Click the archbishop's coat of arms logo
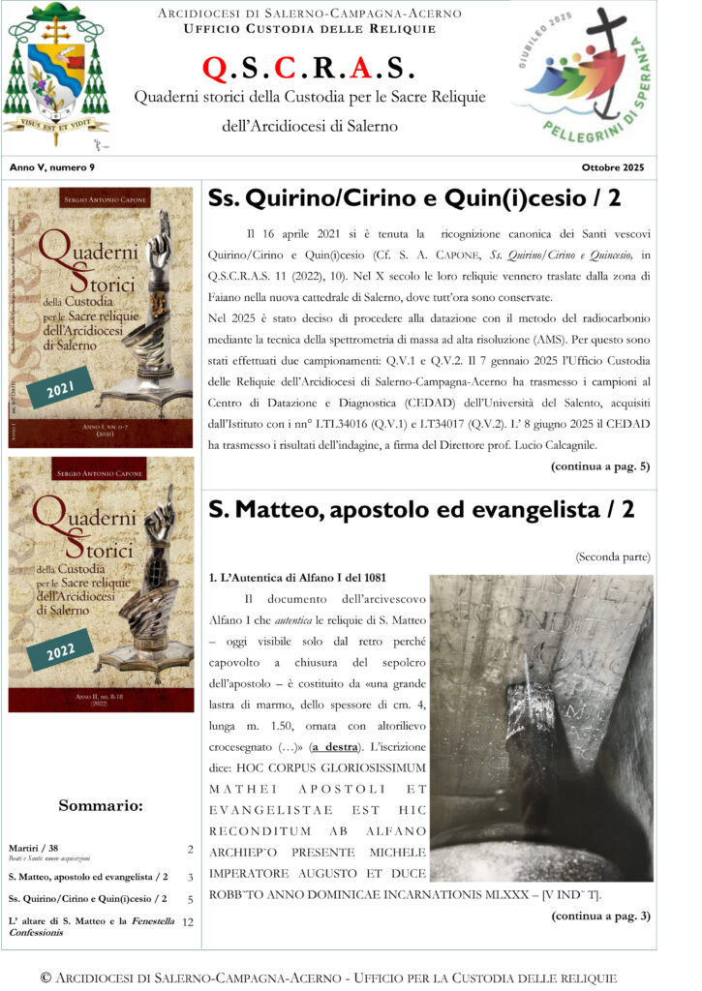point(56,74)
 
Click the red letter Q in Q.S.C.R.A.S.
point(215,69)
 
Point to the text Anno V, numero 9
point(47,167)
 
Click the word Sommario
point(101,805)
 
